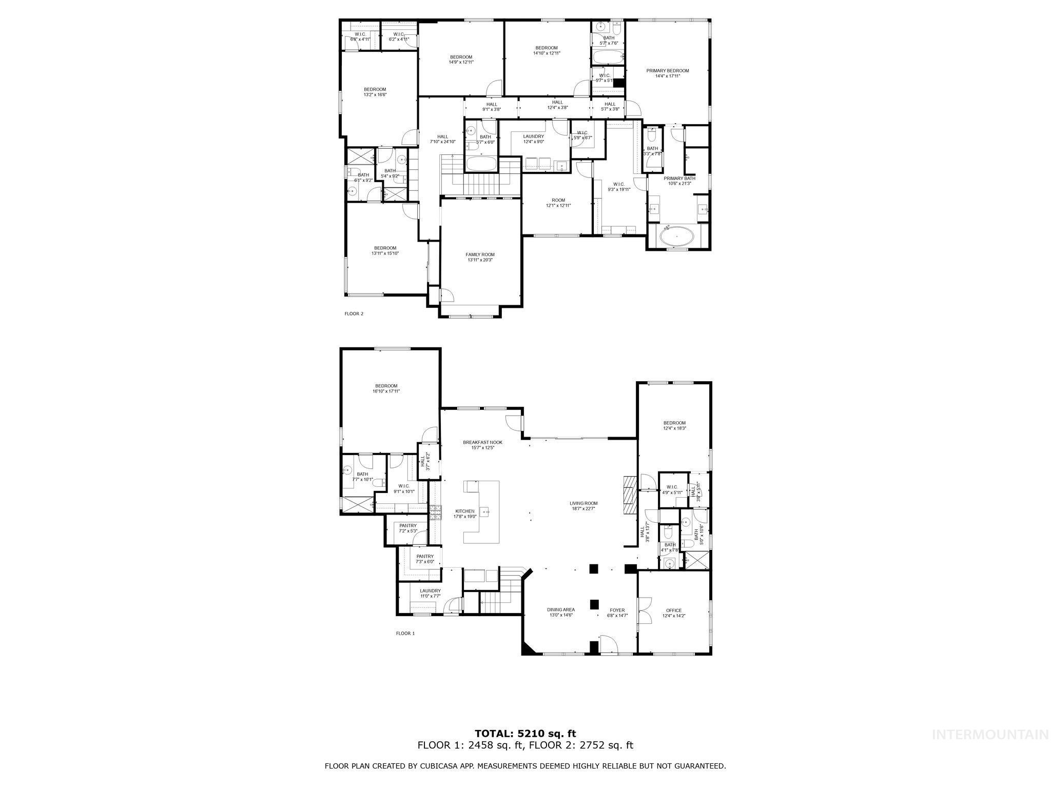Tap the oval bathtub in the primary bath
pos(676,238)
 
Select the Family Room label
pos(480,254)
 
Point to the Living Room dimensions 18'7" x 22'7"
pos(583,509)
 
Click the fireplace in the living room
pos(630,495)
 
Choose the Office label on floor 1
pos(674,610)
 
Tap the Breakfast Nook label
pos(482,442)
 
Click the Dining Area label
pos(560,609)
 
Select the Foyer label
pos(617,610)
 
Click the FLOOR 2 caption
pos(354,313)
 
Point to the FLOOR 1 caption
pos(405,633)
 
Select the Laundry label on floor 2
pos(533,136)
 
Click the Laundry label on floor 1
pos(430,591)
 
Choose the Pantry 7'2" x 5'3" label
pos(408,525)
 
